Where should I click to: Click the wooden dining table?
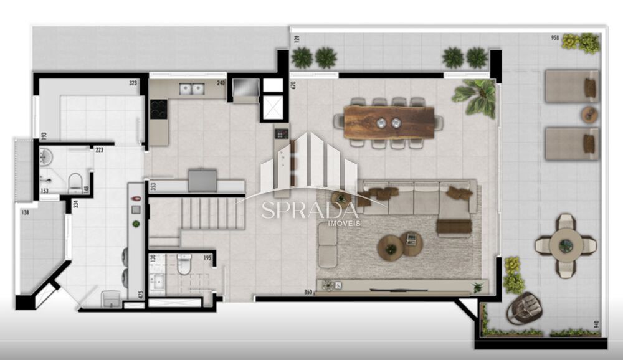(389, 122)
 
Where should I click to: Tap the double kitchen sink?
(192, 89)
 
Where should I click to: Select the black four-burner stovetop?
(158, 110)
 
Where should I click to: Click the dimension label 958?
(554, 37)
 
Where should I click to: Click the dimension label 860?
(308, 291)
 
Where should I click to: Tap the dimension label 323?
(133, 82)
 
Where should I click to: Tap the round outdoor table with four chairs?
(566, 245)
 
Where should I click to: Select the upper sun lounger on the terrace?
(571, 87)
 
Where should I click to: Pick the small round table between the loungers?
(589, 115)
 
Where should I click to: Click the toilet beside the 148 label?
(75, 182)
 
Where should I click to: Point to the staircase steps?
(212, 213)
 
